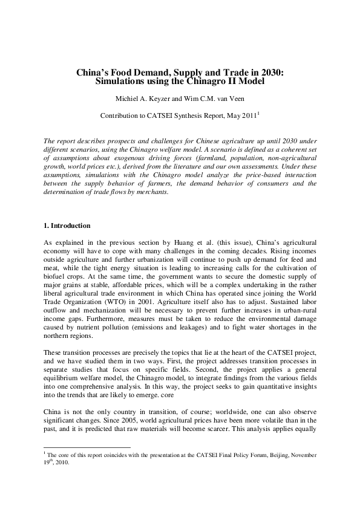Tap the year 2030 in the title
point(270,71)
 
